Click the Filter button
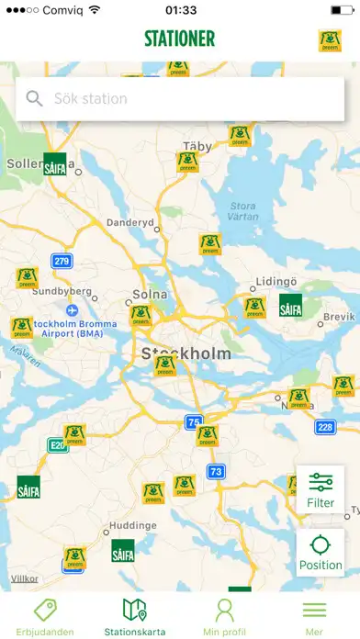[321, 489]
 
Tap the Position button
[321, 553]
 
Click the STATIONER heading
[179, 39]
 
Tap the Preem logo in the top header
[330, 40]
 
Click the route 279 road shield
[62, 261]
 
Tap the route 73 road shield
[216, 472]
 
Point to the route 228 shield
[325, 426]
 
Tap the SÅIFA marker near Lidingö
[290, 306]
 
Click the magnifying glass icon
[35, 99]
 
